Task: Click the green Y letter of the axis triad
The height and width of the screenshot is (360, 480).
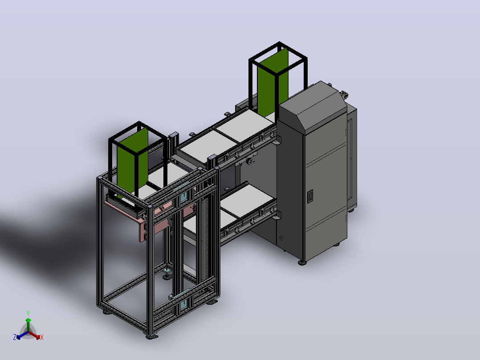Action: (x=28, y=313)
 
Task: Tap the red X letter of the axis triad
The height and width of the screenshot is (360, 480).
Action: (x=42, y=337)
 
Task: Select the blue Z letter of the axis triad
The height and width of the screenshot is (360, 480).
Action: (x=15, y=337)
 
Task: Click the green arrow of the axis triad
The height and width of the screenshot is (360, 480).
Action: (x=28, y=325)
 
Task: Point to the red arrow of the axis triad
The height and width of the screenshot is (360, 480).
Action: (x=34, y=335)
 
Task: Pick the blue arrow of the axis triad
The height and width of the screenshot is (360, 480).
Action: (x=22, y=335)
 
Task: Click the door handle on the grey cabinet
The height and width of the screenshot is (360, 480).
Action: (x=310, y=196)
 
